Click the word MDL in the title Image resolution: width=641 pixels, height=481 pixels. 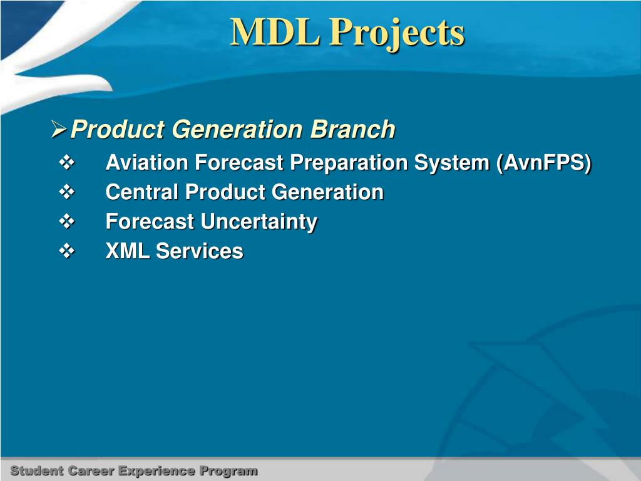[x=275, y=32]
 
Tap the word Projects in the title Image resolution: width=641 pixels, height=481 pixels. [x=397, y=34]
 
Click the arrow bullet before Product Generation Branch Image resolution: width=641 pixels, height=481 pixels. [x=59, y=129]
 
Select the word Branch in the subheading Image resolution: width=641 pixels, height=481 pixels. [x=353, y=129]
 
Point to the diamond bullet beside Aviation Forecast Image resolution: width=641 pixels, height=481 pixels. [x=66, y=162]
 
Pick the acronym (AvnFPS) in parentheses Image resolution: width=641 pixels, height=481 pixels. [x=544, y=163]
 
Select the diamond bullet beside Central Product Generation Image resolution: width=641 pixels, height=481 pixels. [x=66, y=192]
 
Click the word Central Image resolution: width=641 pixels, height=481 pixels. [x=142, y=192]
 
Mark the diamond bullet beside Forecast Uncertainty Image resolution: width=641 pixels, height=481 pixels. [x=66, y=221]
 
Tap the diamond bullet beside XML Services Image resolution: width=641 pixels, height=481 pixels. [x=66, y=251]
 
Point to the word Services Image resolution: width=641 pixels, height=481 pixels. [x=200, y=251]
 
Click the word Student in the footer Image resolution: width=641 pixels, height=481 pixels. [x=37, y=471]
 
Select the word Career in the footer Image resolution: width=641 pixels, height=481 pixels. [x=91, y=471]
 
